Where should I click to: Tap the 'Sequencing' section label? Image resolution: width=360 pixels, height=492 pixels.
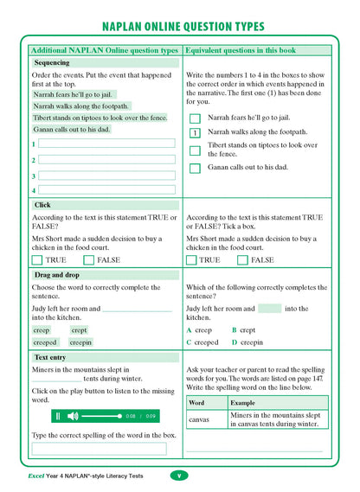click(52, 63)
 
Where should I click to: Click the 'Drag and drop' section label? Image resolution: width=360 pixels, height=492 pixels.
click(57, 275)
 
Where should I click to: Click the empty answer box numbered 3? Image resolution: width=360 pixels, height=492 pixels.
click(106, 175)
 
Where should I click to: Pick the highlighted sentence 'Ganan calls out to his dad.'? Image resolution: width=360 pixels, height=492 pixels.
click(72, 129)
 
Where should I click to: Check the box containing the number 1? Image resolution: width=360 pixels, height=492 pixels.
click(195, 133)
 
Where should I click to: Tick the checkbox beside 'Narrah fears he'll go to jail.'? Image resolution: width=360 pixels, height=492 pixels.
click(195, 118)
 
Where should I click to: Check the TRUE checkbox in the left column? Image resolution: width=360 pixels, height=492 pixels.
click(36, 259)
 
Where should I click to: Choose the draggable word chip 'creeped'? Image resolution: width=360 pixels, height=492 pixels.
click(43, 342)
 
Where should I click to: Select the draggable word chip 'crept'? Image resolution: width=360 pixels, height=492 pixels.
click(79, 330)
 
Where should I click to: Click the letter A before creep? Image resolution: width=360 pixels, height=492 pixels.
click(189, 330)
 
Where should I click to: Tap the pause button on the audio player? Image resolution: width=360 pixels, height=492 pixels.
click(58, 416)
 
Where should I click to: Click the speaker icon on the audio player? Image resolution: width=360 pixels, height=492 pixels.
click(72, 416)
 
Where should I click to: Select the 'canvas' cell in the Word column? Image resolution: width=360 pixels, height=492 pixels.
click(199, 419)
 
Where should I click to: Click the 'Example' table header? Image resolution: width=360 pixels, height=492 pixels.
click(242, 402)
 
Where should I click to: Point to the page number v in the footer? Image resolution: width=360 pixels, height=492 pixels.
click(177, 476)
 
